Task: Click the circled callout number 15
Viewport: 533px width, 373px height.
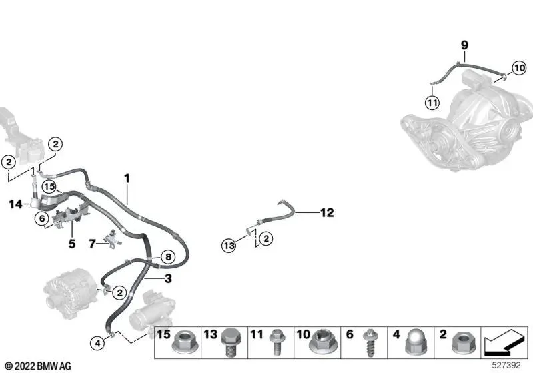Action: (49, 186)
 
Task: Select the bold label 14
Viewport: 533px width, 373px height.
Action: (15, 204)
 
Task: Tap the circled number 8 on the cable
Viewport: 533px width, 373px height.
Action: (169, 257)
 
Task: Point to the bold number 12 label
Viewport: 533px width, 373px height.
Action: (327, 213)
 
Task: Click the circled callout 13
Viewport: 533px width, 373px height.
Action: (229, 245)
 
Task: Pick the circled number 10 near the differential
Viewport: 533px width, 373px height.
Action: (520, 68)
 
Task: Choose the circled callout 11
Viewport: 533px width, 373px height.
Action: (432, 103)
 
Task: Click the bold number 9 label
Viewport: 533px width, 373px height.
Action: (464, 45)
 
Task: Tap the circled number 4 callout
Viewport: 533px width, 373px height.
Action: (97, 344)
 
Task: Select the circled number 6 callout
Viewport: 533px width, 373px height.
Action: (42, 218)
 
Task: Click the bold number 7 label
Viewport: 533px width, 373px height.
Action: (92, 244)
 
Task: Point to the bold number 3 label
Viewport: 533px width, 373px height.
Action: (168, 279)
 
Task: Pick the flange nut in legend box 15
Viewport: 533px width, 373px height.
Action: (185, 342)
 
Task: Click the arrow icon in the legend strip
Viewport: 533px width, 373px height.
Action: (505, 342)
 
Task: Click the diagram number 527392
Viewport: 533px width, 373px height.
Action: (506, 365)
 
